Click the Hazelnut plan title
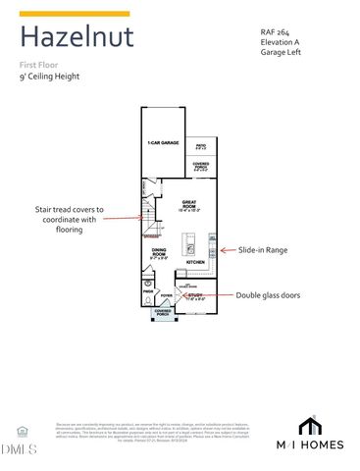pos(77,38)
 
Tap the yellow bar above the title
pos(75,14)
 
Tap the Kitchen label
pos(195,263)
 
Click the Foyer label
pos(166,293)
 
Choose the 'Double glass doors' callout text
pos(274,294)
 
